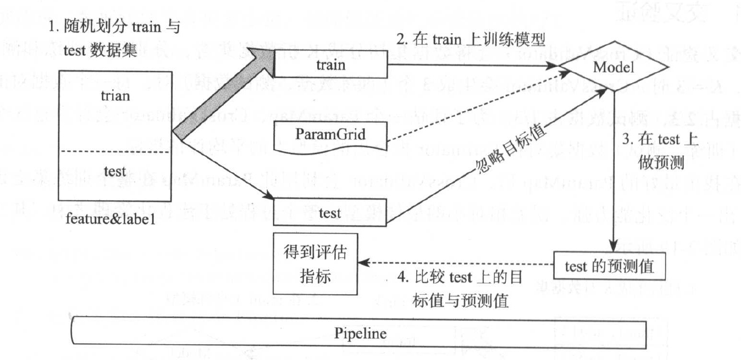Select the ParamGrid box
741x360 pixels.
(330, 136)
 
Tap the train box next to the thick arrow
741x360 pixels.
(331, 65)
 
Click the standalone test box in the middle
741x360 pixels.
(330, 213)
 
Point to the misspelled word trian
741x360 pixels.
(115, 96)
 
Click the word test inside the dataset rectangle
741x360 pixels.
(115, 171)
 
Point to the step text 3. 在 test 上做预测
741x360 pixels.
(659, 152)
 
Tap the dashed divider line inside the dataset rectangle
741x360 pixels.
(115, 152)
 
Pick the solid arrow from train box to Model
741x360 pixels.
(471, 65)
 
